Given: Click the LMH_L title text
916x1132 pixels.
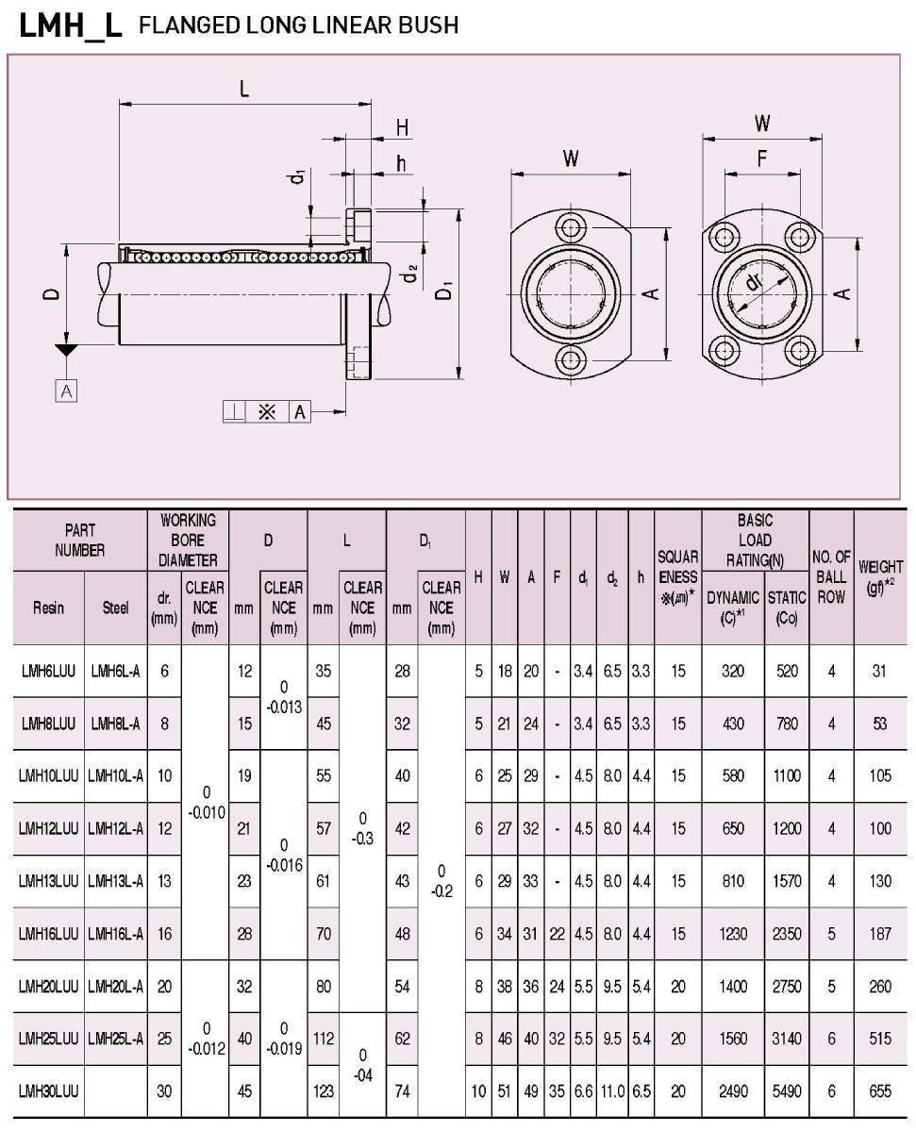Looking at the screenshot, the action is point(71,25).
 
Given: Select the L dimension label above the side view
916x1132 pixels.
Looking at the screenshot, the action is point(244,89).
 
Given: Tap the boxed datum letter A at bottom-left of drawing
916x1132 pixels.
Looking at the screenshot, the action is point(66,391).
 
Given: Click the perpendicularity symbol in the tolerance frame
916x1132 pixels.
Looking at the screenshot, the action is point(234,411).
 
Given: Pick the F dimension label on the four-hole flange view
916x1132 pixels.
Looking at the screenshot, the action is point(762,158).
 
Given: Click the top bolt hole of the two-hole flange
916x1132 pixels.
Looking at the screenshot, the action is point(571,228).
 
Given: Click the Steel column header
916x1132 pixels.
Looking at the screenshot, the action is point(115,608).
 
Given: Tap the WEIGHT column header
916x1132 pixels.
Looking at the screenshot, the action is point(880,576).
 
